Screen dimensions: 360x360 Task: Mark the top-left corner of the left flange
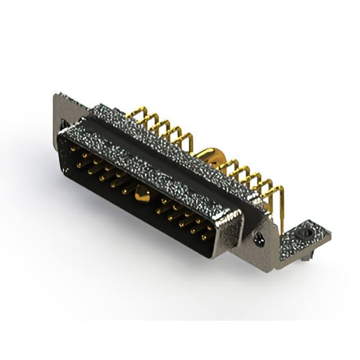pyautogui.click(x=56, y=95)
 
